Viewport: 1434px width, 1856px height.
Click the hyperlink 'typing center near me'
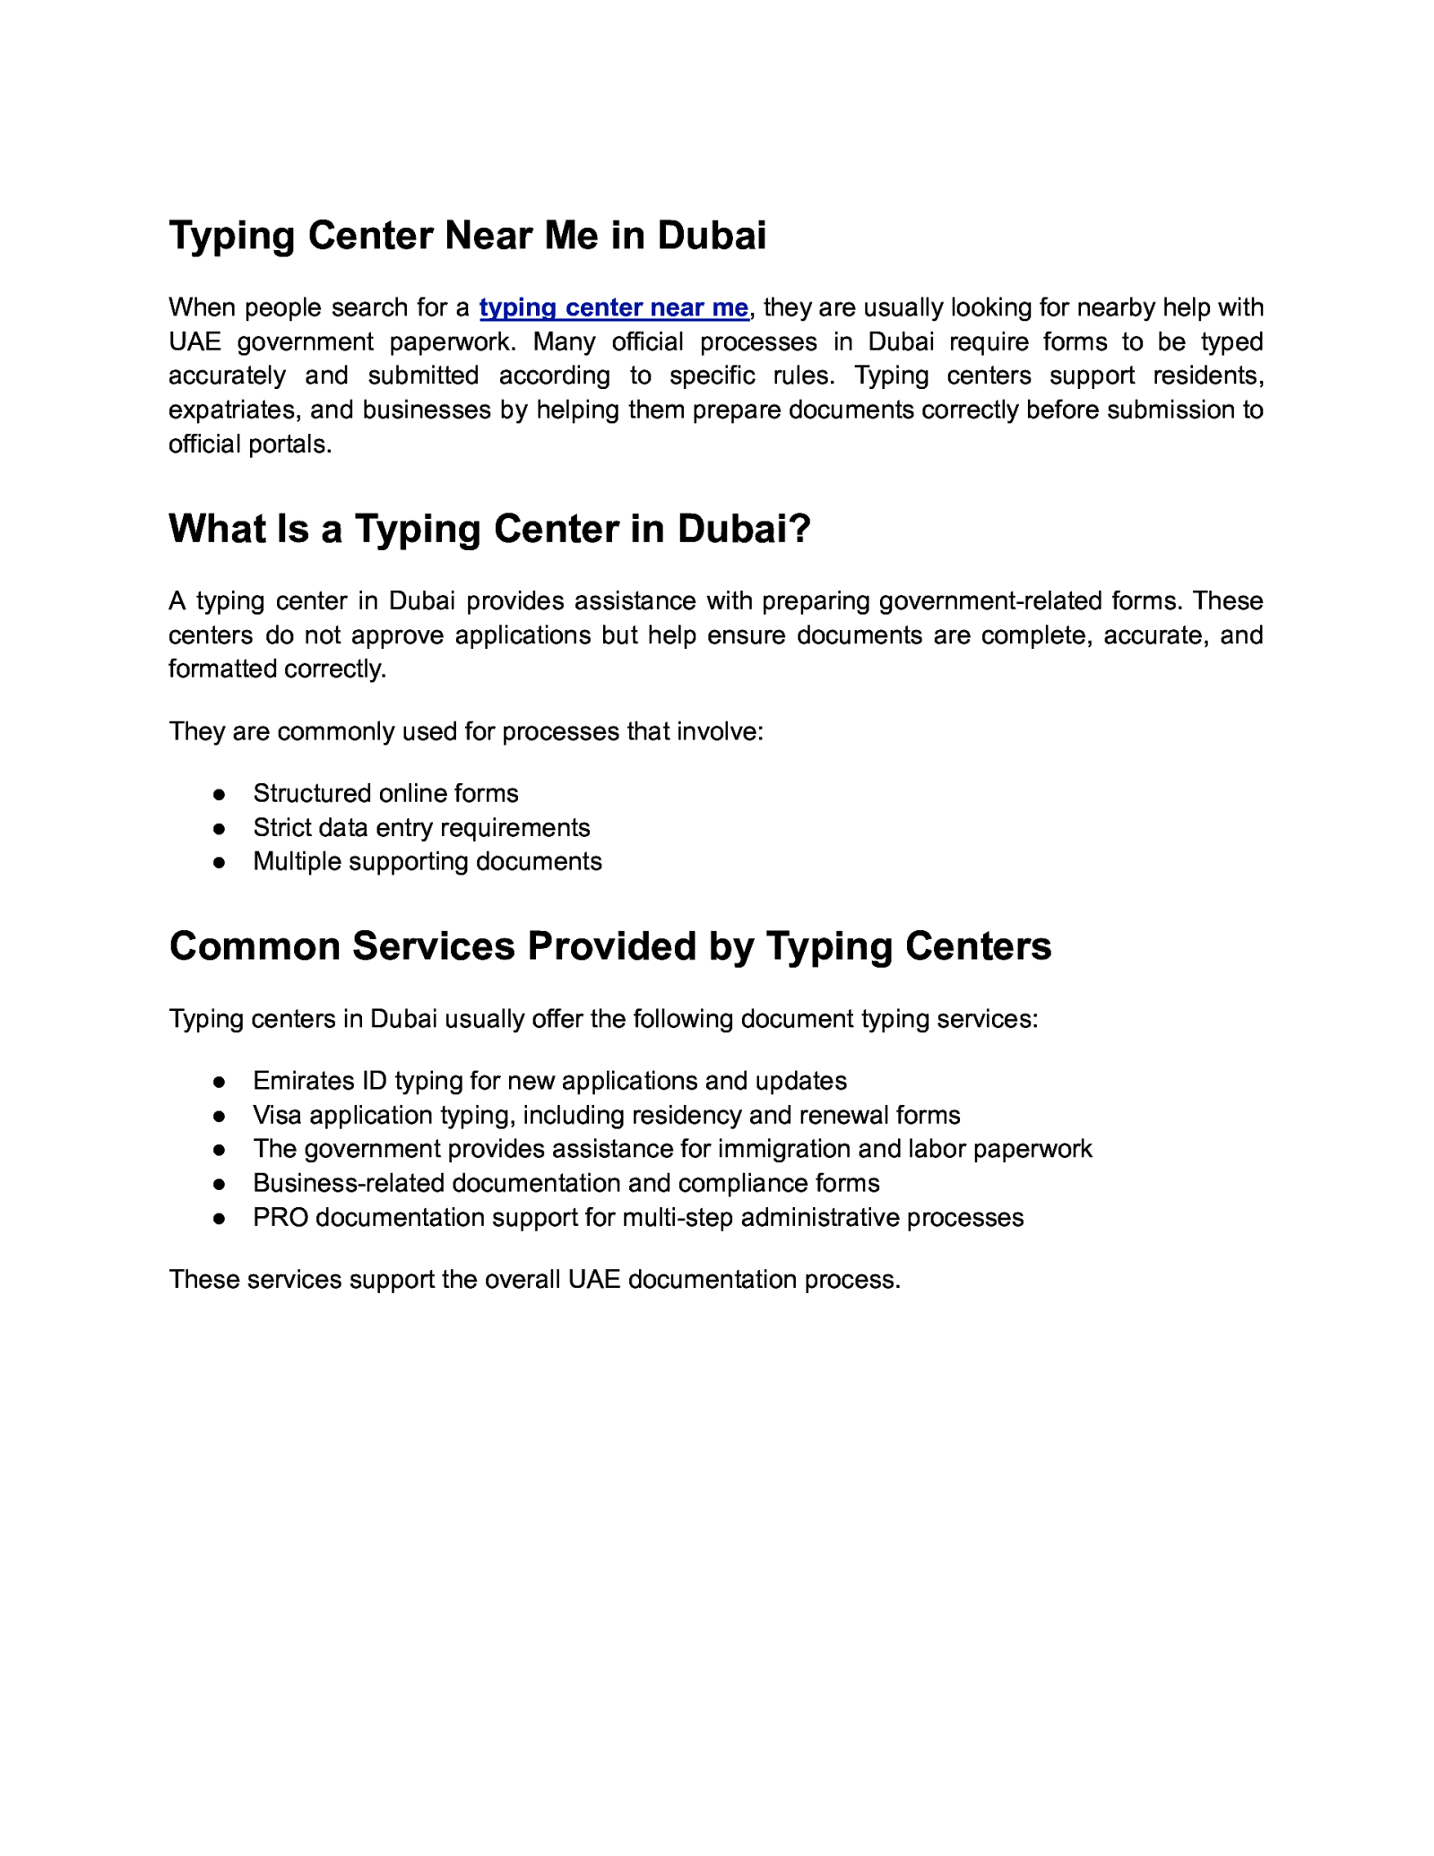pyautogui.click(x=613, y=307)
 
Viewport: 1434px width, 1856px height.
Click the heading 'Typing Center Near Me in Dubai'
pyautogui.click(x=467, y=236)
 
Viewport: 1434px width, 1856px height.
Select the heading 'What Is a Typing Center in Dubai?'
pyautogui.click(x=489, y=529)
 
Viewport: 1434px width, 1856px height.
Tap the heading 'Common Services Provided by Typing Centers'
pyautogui.click(x=609, y=946)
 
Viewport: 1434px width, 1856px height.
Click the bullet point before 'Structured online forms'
pyautogui.click(x=219, y=795)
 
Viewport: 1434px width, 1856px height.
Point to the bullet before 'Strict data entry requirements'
pyautogui.click(x=219, y=829)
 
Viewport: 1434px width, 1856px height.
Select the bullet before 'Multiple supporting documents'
pyautogui.click(x=219, y=863)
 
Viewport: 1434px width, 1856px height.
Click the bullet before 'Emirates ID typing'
pyautogui.click(x=219, y=1083)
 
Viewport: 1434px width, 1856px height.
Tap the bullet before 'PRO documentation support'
pyautogui.click(x=219, y=1219)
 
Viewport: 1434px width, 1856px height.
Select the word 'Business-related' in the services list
pyautogui.click(x=349, y=1184)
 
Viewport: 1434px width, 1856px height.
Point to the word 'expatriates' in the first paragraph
pyautogui.click(x=230, y=410)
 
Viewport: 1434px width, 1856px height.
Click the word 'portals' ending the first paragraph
pyautogui.click(x=289, y=445)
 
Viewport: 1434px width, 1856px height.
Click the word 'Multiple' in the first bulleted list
pyautogui.click(x=296, y=862)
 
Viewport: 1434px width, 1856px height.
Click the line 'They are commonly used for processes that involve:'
pyautogui.click(x=465, y=732)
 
